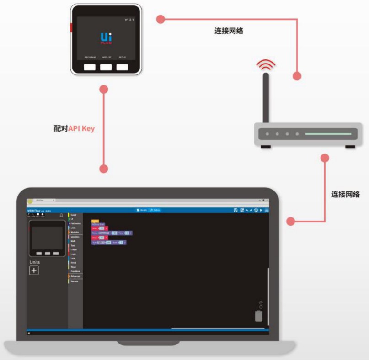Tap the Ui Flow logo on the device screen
106,37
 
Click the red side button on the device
71,27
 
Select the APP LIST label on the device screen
106,57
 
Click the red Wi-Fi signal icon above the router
266,64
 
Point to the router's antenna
266,98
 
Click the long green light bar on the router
328,134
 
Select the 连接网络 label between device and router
229,31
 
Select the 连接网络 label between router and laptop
345,194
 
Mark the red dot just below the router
325,158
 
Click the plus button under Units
34,270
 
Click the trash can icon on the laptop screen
259,316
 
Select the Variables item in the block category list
75,237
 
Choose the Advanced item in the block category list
75,276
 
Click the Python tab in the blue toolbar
155,210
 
